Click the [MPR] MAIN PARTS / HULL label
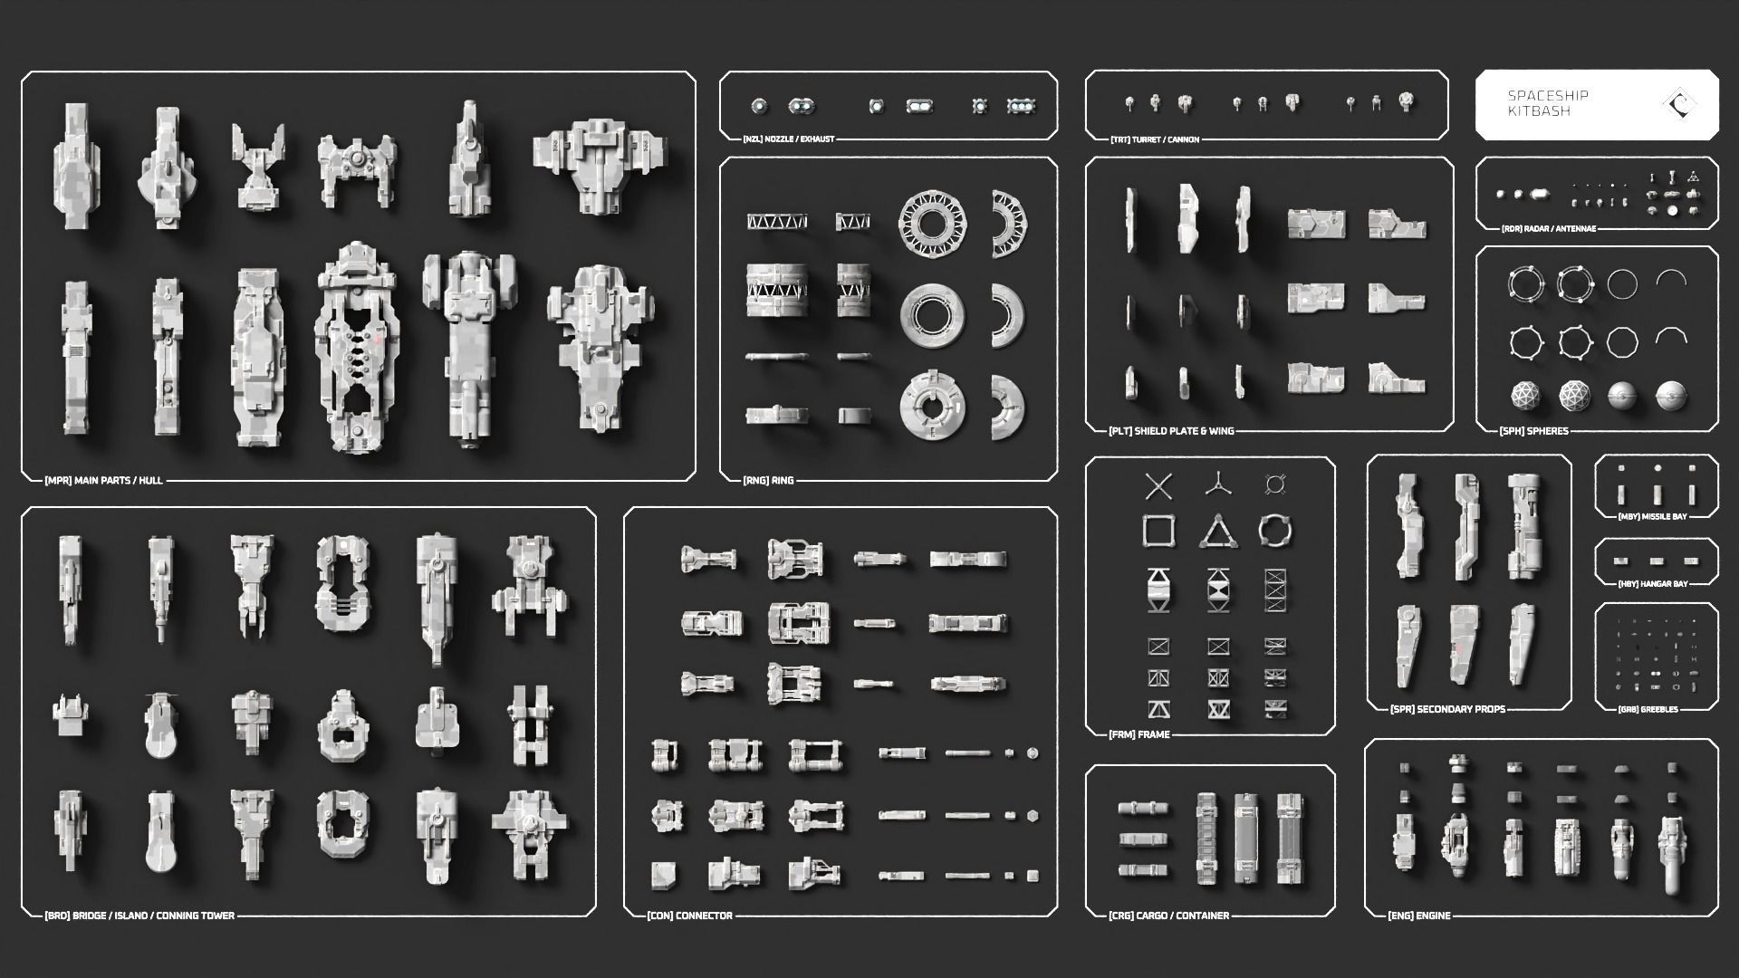pos(103,480)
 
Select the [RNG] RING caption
pos(768,480)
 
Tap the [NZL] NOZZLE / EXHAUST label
pos(788,139)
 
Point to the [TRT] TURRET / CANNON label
pos(1155,139)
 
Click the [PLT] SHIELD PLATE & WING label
pos(1171,431)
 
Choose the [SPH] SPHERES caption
pos(1533,431)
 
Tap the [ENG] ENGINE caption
pos(1418,916)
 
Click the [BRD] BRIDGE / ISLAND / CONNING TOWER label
pos(139,916)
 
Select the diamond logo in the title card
pos(1680,104)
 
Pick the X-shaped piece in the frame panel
pos(1158,486)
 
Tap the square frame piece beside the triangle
pos(1158,531)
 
